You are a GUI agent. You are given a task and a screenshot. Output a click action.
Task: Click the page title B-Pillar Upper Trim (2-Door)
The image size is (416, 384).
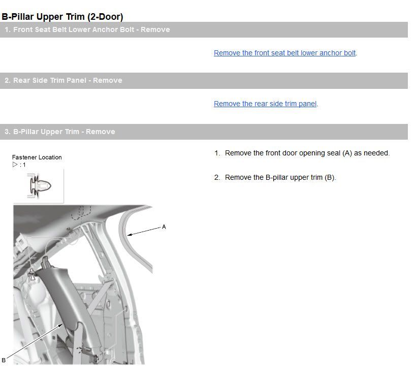[x=62, y=16]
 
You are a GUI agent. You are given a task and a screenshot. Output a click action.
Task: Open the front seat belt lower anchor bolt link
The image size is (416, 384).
[x=284, y=53]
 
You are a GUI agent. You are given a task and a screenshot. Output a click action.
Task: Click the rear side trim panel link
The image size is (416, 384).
[x=265, y=104]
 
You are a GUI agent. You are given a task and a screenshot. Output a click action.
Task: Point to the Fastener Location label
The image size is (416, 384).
[x=37, y=157]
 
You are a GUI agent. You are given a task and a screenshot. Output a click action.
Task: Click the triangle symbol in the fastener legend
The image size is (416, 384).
[x=15, y=165]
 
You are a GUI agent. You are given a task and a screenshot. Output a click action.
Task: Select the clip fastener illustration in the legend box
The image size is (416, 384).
[x=39, y=186]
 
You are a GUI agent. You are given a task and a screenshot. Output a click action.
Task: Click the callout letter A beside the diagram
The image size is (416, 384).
[x=164, y=227]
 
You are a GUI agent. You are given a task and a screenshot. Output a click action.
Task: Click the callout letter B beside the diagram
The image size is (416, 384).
[x=4, y=361]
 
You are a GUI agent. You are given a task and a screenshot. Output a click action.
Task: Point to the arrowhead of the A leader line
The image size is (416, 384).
[x=129, y=235]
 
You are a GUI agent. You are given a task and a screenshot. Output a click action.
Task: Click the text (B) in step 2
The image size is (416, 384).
[x=330, y=178]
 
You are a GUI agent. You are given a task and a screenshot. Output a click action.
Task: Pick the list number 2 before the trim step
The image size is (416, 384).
[x=217, y=178]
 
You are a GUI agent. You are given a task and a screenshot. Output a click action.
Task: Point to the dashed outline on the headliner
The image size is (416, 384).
[x=81, y=212]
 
